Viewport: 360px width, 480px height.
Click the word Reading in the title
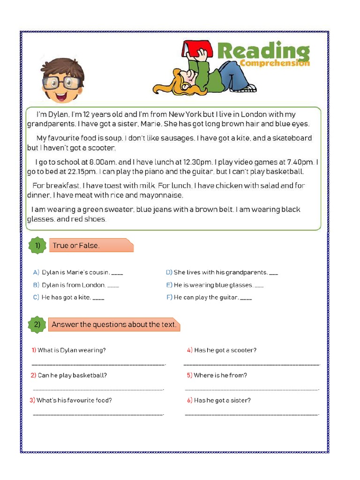pyautogui.click(x=263, y=52)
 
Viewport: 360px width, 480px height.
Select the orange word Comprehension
pyautogui.click(x=274, y=63)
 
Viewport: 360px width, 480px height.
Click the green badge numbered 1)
pyautogui.click(x=38, y=245)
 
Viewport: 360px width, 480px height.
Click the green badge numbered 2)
pyautogui.click(x=38, y=324)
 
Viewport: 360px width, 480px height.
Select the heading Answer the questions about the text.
pyautogui.click(x=114, y=324)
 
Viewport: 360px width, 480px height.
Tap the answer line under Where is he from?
pyautogui.click(x=252, y=389)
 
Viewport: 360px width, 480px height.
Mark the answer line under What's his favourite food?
pyautogui.click(x=98, y=414)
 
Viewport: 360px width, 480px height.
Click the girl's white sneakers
pyautogui.click(x=250, y=88)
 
